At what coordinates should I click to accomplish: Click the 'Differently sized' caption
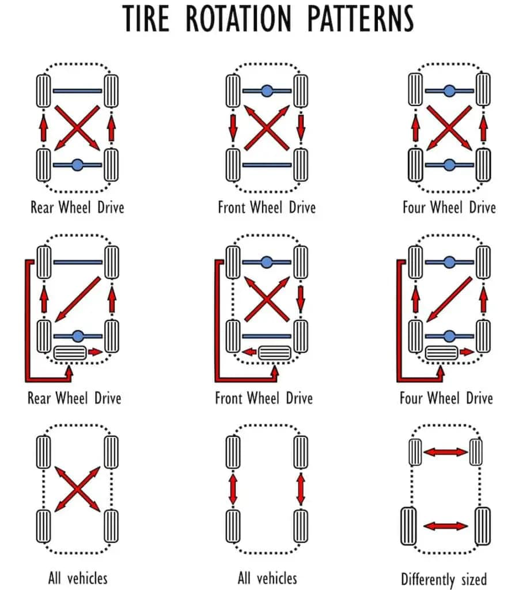tap(444, 578)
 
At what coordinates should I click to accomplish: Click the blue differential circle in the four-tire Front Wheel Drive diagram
tap(266, 90)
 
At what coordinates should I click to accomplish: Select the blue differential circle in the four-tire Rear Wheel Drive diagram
tap(78, 165)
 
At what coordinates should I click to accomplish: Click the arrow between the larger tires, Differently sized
tap(446, 526)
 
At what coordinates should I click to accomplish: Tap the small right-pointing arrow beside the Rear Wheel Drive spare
tap(96, 351)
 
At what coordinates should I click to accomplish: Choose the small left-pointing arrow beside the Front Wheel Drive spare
tap(249, 351)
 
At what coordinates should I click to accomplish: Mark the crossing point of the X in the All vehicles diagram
tap(77, 489)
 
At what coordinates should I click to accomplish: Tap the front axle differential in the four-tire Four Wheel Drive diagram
tap(449, 90)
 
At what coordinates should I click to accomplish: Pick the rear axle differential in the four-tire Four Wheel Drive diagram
tap(449, 165)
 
